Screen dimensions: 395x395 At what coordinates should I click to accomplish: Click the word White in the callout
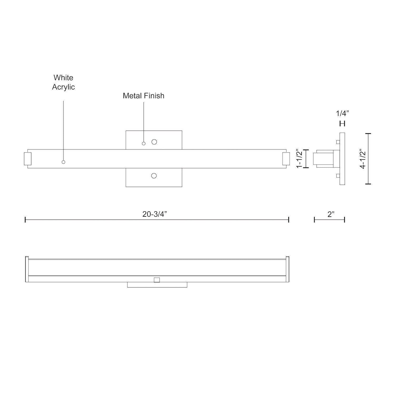(63, 78)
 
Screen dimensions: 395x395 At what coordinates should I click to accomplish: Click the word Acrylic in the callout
(63, 87)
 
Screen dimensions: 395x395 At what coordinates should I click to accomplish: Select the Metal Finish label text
(144, 96)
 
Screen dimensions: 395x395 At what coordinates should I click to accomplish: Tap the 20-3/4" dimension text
(155, 214)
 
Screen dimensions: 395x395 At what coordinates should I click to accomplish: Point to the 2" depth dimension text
(331, 214)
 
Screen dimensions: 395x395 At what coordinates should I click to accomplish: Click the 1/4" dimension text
(342, 114)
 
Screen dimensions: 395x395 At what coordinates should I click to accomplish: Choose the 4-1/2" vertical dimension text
(363, 159)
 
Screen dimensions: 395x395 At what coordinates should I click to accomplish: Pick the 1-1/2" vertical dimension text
(299, 159)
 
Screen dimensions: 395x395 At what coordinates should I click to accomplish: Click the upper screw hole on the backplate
(154, 142)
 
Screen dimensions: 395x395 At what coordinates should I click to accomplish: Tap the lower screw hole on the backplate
(154, 176)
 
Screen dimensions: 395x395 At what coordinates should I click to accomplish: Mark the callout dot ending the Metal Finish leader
(144, 144)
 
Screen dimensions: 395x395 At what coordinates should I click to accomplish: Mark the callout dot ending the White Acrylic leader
(63, 162)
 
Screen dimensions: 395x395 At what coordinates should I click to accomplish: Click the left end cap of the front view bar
(28, 159)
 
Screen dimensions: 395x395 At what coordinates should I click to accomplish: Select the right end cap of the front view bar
(286, 159)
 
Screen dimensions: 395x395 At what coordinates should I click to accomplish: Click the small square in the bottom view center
(157, 280)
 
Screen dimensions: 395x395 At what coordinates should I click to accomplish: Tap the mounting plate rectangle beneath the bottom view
(157, 285)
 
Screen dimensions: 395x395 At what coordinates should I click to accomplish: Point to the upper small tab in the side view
(338, 142)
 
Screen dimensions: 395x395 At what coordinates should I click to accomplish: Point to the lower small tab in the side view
(338, 176)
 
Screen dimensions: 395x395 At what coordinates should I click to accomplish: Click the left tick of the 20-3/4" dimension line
(25, 220)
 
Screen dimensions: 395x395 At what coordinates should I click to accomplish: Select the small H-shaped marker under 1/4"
(342, 124)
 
